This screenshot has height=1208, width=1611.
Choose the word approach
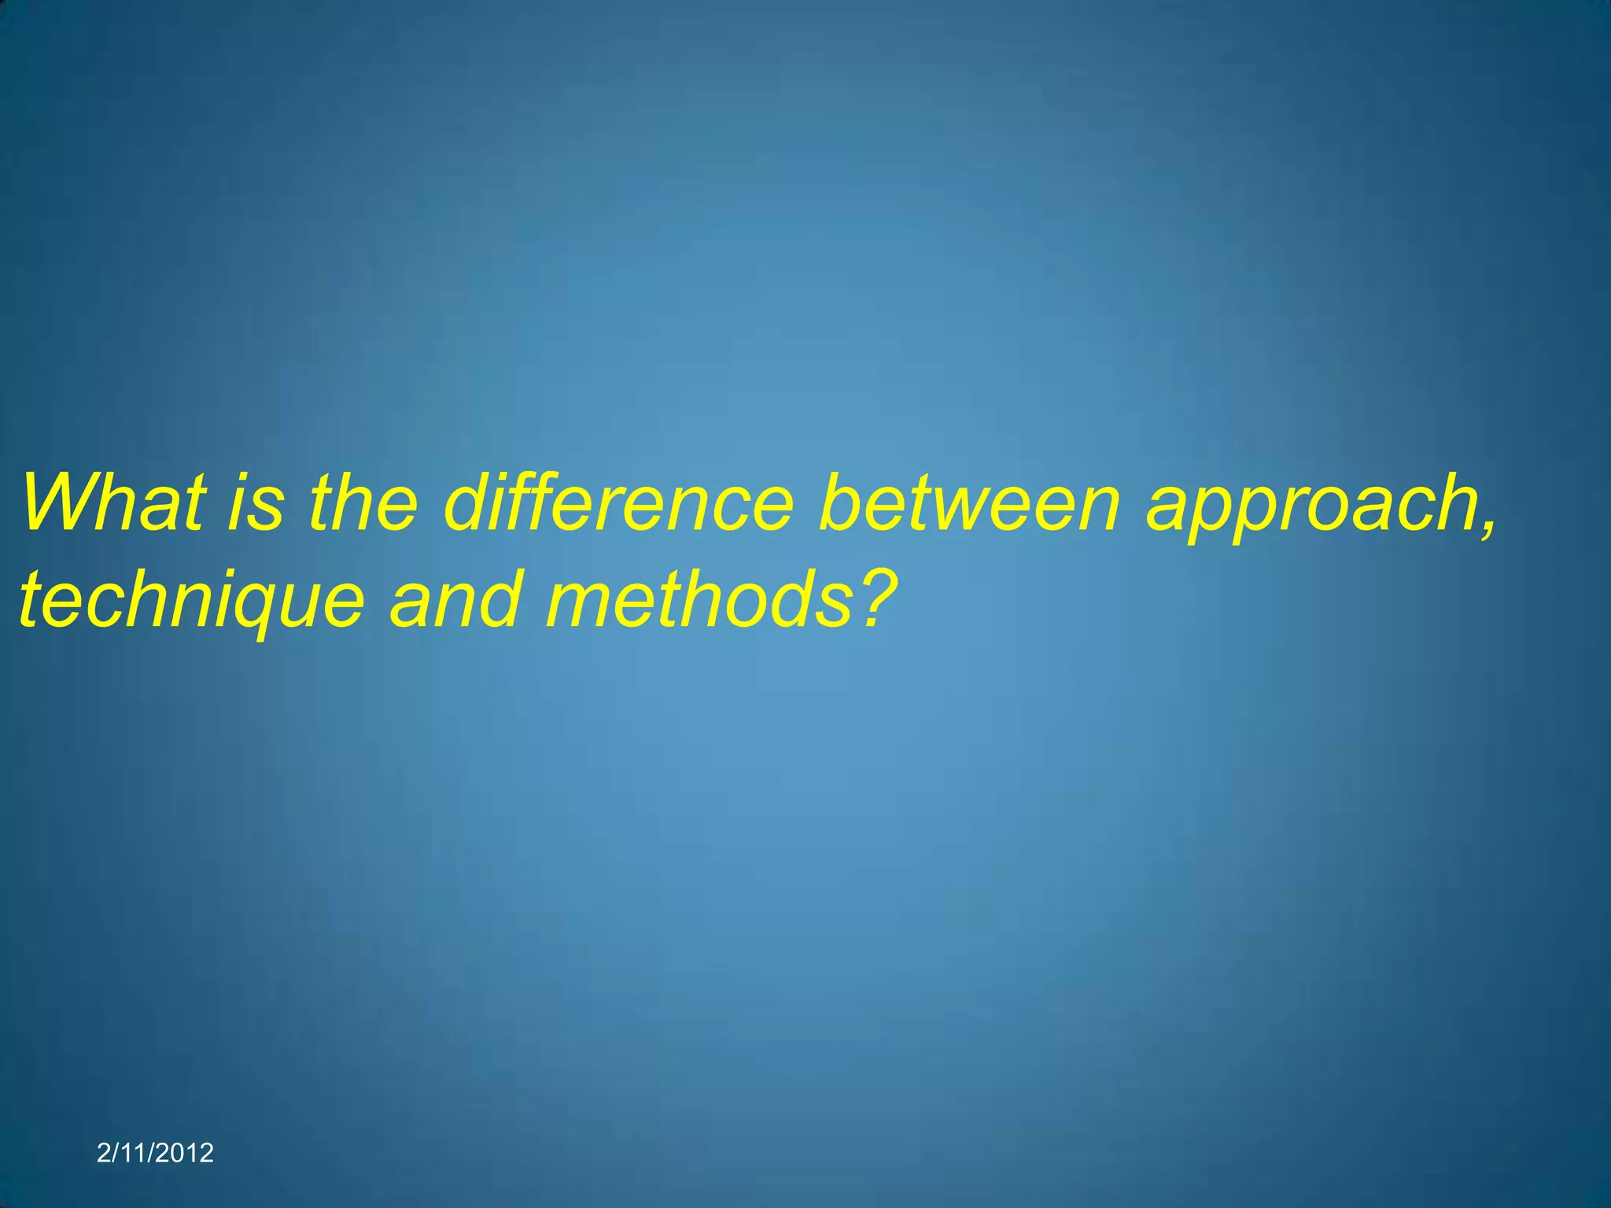point(1310,507)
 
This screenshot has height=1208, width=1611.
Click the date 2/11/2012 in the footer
point(155,1153)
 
